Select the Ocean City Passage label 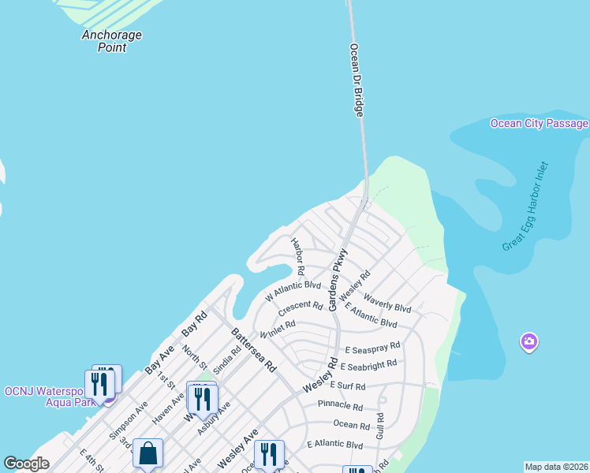pyautogui.click(x=539, y=124)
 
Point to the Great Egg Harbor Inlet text pyautogui.click(x=525, y=207)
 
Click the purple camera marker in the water pyautogui.click(x=528, y=342)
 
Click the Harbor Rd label pyautogui.click(x=298, y=251)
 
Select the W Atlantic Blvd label pyautogui.click(x=293, y=291)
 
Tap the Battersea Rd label pyautogui.click(x=254, y=350)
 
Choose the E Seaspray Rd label pyautogui.click(x=373, y=346)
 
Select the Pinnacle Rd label pyautogui.click(x=340, y=407)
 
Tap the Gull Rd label pyautogui.click(x=379, y=426)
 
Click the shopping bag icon pyautogui.click(x=147, y=453)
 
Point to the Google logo pyautogui.click(x=26, y=464)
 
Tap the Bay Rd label pyautogui.click(x=194, y=326)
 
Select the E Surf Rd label pyautogui.click(x=348, y=386)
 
